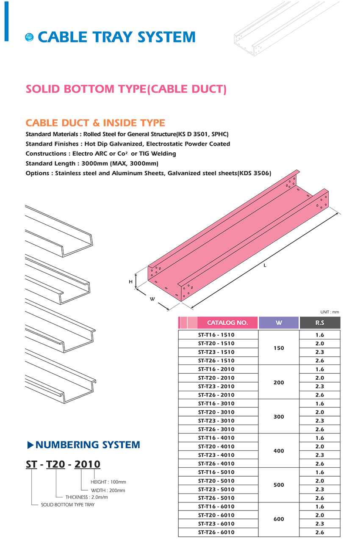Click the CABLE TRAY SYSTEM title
pyautogui.click(x=116, y=37)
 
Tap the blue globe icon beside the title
pyautogui.click(x=29, y=37)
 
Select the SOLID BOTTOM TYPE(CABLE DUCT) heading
pyautogui.click(x=126, y=89)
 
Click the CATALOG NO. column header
pyautogui.click(x=227, y=323)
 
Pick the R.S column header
pyautogui.click(x=320, y=323)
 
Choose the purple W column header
pyautogui.click(x=279, y=323)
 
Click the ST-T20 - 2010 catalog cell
pyautogui.click(x=216, y=378)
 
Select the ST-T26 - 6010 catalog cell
pyautogui.click(x=216, y=532)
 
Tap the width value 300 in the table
pyautogui.click(x=279, y=417)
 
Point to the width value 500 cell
pyautogui.click(x=279, y=485)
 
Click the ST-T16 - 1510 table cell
pyautogui.click(x=216, y=335)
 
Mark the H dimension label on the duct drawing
pyautogui.click(x=131, y=281)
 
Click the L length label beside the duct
pyautogui.click(x=265, y=265)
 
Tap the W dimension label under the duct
pyautogui.click(x=152, y=299)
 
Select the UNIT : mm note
pyautogui.click(x=330, y=312)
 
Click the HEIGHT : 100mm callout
pyautogui.click(x=108, y=482)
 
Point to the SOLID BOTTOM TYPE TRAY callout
pyautogui.click(x=68, y=505)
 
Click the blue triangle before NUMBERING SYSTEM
pyautogui.click(x=30, y=445)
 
